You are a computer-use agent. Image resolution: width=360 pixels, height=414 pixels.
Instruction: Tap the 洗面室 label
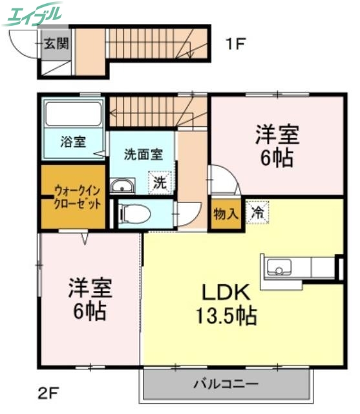[x=143, y=155]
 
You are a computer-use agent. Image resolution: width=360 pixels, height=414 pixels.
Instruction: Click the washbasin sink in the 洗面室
[x=122, y=187]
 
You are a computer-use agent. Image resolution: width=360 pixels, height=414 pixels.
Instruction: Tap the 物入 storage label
[x=225, y=213]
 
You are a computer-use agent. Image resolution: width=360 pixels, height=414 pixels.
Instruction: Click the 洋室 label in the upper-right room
[x=276, y=135]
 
